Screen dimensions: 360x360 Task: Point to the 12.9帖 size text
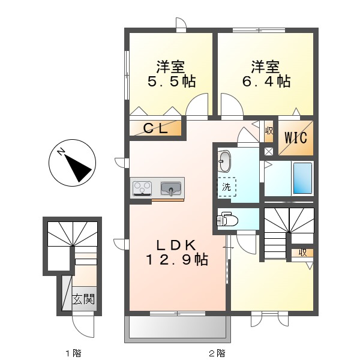[176, 260]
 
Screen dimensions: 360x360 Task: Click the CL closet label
[155, 128]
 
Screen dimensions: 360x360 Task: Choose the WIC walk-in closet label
[295, 137]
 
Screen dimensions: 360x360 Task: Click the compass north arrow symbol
[71, 164]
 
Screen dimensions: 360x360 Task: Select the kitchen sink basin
[171, 189]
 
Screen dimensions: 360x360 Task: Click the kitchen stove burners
[142, 188]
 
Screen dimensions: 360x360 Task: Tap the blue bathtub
[302, 178]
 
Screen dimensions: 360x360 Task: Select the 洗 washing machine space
[226, 187]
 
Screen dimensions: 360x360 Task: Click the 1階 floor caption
[74, 353]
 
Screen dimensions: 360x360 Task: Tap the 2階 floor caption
[217, 353]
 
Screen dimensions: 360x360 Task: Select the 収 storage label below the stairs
[302, 253]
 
